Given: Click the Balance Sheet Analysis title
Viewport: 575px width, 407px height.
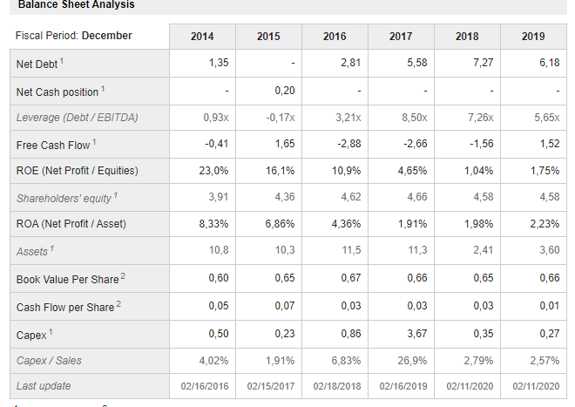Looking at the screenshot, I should click(x=77, y=5).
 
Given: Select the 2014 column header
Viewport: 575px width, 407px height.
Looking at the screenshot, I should click(x=201, y=36).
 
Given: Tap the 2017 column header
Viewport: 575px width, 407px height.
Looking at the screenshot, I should click(x=401, y=36).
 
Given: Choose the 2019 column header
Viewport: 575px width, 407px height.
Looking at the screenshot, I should click(x=533, y=36).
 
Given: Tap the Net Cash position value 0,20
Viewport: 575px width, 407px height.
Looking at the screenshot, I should click(x=283, y=91).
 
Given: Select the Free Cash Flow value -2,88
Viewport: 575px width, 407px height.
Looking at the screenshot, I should click(x=348, y=144).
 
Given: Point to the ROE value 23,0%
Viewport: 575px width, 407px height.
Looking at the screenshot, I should click(x=214, y=171).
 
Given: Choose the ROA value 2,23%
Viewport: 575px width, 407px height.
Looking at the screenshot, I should click(x=545, y=224).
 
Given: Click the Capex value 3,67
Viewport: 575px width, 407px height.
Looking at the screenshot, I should click(x=414, y=333).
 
